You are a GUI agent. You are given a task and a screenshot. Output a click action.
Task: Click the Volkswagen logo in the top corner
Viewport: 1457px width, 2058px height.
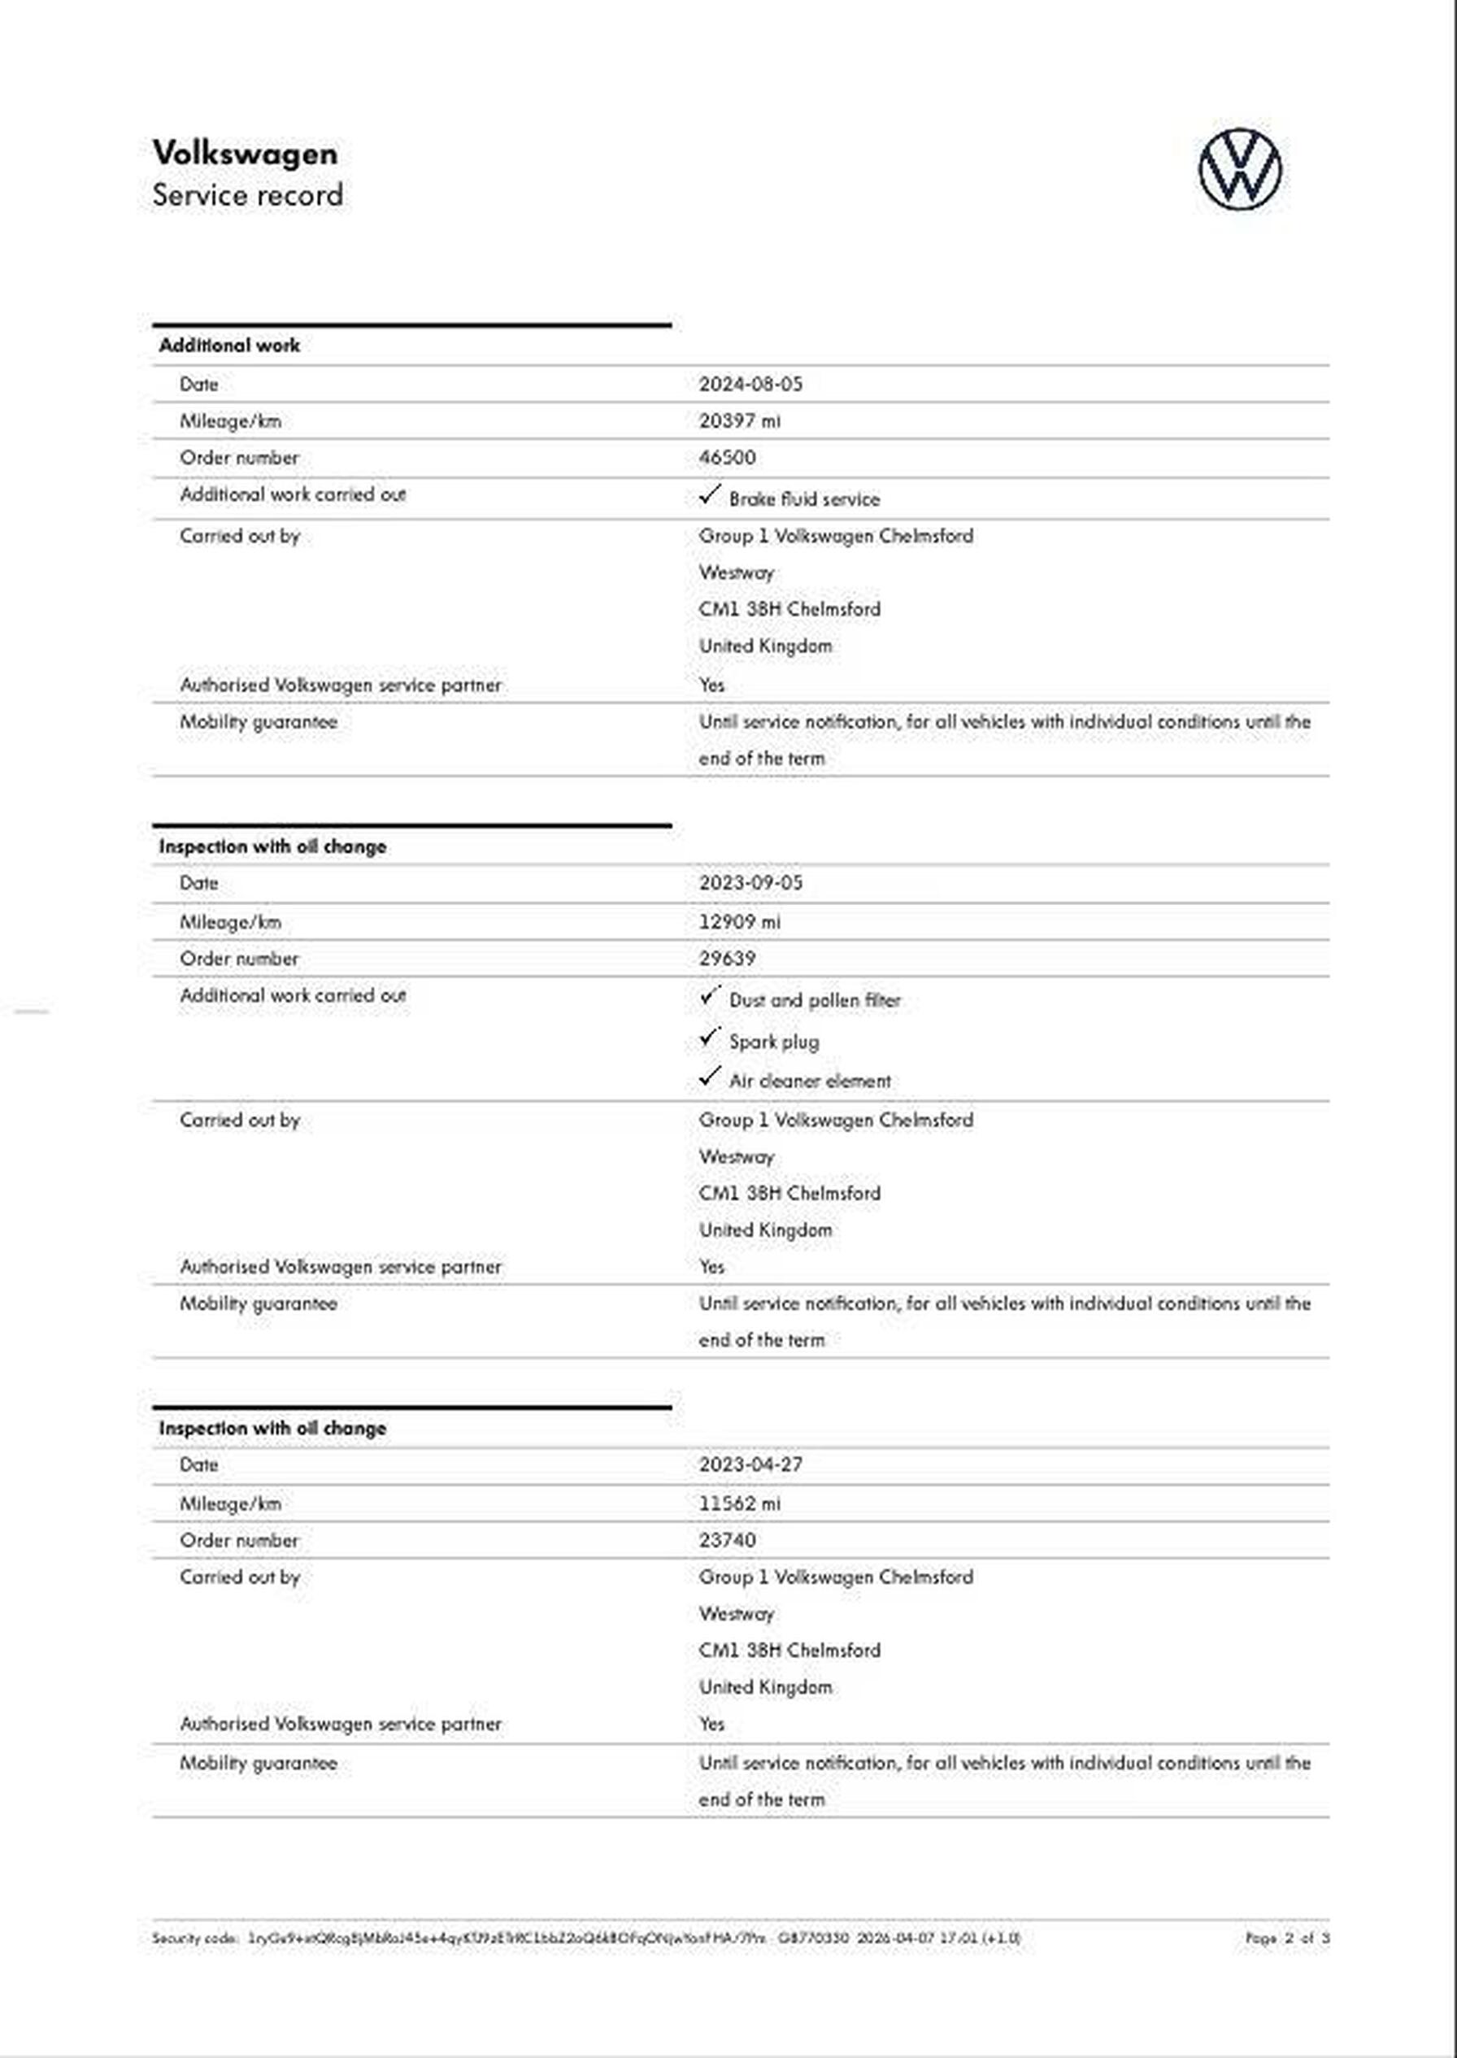(1240, 170)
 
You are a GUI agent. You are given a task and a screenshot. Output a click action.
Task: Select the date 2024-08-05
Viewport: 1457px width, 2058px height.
(750, 384)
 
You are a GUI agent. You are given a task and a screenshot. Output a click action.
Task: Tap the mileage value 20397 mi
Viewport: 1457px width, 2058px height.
(739, 420)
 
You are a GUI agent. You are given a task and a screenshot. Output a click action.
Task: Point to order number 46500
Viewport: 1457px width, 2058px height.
(727, 458)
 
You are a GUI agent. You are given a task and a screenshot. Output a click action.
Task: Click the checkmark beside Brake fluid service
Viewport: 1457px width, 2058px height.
(710, 494)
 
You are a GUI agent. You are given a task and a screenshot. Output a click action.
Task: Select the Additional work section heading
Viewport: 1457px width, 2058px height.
(229, 346)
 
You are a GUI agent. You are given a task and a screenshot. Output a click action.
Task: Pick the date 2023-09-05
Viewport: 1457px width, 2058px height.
(750, 883)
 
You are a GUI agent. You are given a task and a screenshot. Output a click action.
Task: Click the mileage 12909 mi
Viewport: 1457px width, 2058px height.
(739, 921)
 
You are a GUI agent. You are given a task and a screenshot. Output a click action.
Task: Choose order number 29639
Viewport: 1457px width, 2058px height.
(727, 958)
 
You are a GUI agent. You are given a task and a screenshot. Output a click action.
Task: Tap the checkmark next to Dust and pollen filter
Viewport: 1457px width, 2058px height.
(710, 996)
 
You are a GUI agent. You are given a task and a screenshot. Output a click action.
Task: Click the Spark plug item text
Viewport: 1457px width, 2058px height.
(773, 1042)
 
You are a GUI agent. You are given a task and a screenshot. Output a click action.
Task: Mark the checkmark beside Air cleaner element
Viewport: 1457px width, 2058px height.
(710, 1076)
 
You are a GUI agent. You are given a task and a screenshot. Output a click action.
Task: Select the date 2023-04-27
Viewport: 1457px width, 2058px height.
(750, 1464)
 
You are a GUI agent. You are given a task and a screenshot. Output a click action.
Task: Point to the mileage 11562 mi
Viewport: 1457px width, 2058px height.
(739, 1503)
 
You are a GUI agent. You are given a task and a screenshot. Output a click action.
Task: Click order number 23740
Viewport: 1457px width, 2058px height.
(727, 1539)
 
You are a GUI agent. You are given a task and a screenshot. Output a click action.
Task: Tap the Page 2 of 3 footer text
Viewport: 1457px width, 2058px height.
(1286, 1938)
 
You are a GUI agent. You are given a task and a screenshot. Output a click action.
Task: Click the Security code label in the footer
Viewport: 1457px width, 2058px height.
(194, 1938)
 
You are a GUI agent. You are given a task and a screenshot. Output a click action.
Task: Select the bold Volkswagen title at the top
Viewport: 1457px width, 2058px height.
(245, 154)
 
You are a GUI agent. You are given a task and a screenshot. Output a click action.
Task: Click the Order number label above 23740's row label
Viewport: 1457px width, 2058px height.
(239, 1539)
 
